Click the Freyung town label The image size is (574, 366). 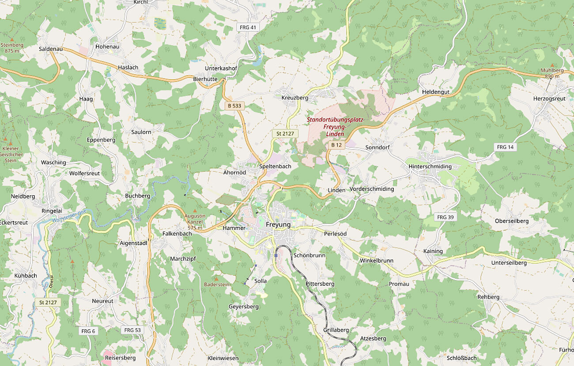click(x=278, y=224)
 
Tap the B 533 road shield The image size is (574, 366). click(x=234, y=106)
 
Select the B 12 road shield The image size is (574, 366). click(x=336, y=145)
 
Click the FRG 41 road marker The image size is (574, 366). click(x=247, y=27)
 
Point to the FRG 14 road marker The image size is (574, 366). click(x=505, y=147)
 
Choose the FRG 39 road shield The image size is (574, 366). click(x=445, y=217)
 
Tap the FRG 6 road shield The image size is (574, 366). click(x=88, y=331)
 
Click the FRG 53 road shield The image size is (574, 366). click(x=132, y=330)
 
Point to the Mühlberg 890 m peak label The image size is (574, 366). click(x=552, y=73)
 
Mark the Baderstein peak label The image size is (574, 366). click(x=217, y=284)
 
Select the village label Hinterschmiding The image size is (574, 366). click(x=430, y=166)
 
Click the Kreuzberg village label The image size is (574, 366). click(x=295, y=97)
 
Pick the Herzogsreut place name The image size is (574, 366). click(x=549, y=99)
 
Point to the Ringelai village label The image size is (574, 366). click(x=53, y=211)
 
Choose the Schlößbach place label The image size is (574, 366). click(x=461, y=358)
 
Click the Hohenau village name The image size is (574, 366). click(x=107, y=46)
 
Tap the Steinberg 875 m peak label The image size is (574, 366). click(x=12, y=48)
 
